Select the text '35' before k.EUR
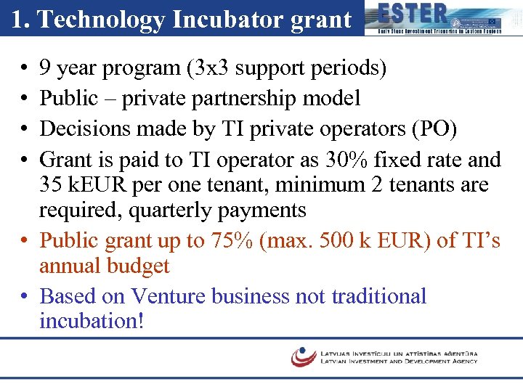point(51,185)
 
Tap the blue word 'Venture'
point(169,296)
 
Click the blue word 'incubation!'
point(92,321)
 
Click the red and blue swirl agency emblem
point(303,356)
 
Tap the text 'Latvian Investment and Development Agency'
point(399,361)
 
